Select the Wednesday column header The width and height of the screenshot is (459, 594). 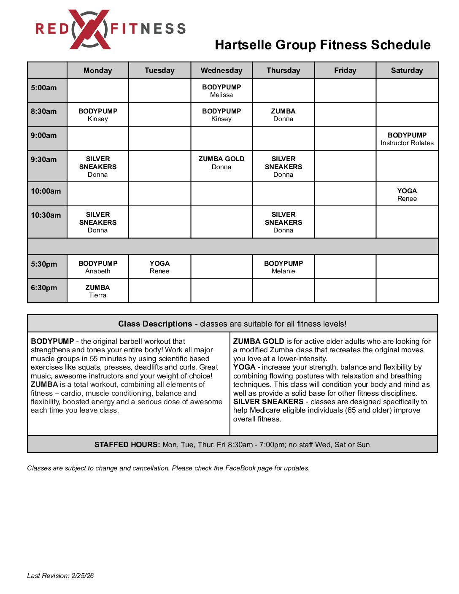click(221, 70)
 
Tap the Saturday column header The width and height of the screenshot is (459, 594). click(407, 70)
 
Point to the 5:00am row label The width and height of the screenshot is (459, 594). click(44, 88)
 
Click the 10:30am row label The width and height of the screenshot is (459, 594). click(46, 215)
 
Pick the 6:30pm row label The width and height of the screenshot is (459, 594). click(44, 288)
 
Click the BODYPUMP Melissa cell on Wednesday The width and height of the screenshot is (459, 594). click(221, 91)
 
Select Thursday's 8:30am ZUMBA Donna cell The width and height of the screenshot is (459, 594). click(283, 115)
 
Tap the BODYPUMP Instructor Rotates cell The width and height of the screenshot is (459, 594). click(407, 139)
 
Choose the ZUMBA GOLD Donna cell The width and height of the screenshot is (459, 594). click(221, 163)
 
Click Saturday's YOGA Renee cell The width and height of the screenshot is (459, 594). click(407, 194)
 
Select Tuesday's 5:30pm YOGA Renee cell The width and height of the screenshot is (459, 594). click(159, 267)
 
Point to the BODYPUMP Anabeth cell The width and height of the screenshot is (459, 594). click(98, 267)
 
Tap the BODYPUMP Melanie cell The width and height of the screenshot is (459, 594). click(283, 267)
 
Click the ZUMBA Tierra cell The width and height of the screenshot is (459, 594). click(98, 291)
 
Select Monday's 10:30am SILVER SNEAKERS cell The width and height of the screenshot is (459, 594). click(98, 222)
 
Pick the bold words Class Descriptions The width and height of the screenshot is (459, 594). click(155, 324)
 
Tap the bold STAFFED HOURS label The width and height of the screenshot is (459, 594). click(127, 445)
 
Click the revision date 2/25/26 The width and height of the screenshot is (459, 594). click(83, 576)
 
